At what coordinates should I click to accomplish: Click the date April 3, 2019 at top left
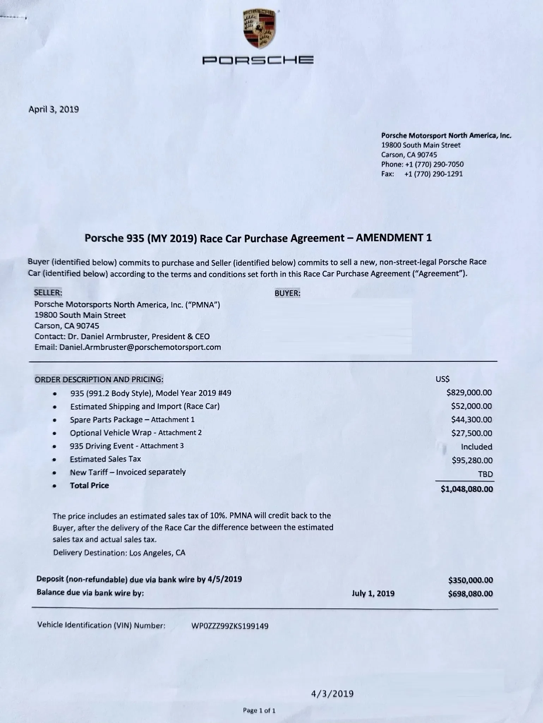[54, 109]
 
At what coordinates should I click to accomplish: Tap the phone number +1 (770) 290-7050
[434, 164]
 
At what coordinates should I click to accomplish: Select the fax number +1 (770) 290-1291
[433, 174]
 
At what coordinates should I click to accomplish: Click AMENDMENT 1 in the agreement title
[393, 238]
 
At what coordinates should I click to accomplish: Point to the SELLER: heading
[48, 293]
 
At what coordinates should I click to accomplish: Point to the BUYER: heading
[287, 293]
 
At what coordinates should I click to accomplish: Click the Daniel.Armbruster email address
[140, 347]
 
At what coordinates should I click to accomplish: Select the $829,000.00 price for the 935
[469, 393]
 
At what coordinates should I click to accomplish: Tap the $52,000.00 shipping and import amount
[471, 406]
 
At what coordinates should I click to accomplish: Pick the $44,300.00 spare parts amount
[471, 419]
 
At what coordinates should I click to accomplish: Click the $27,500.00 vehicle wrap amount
[471, 433]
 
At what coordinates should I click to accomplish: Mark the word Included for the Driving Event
[476, 447]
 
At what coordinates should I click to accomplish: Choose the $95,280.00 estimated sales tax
[472, 460]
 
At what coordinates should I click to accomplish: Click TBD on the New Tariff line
[485, 474]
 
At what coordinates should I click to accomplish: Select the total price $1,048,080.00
[466, 489]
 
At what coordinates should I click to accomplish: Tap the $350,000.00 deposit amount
[470, 580]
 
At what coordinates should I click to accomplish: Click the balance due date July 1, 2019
[373, 593]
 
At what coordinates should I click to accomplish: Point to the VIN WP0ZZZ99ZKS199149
[230, 626]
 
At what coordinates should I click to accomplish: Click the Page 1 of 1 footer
[259, 711]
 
